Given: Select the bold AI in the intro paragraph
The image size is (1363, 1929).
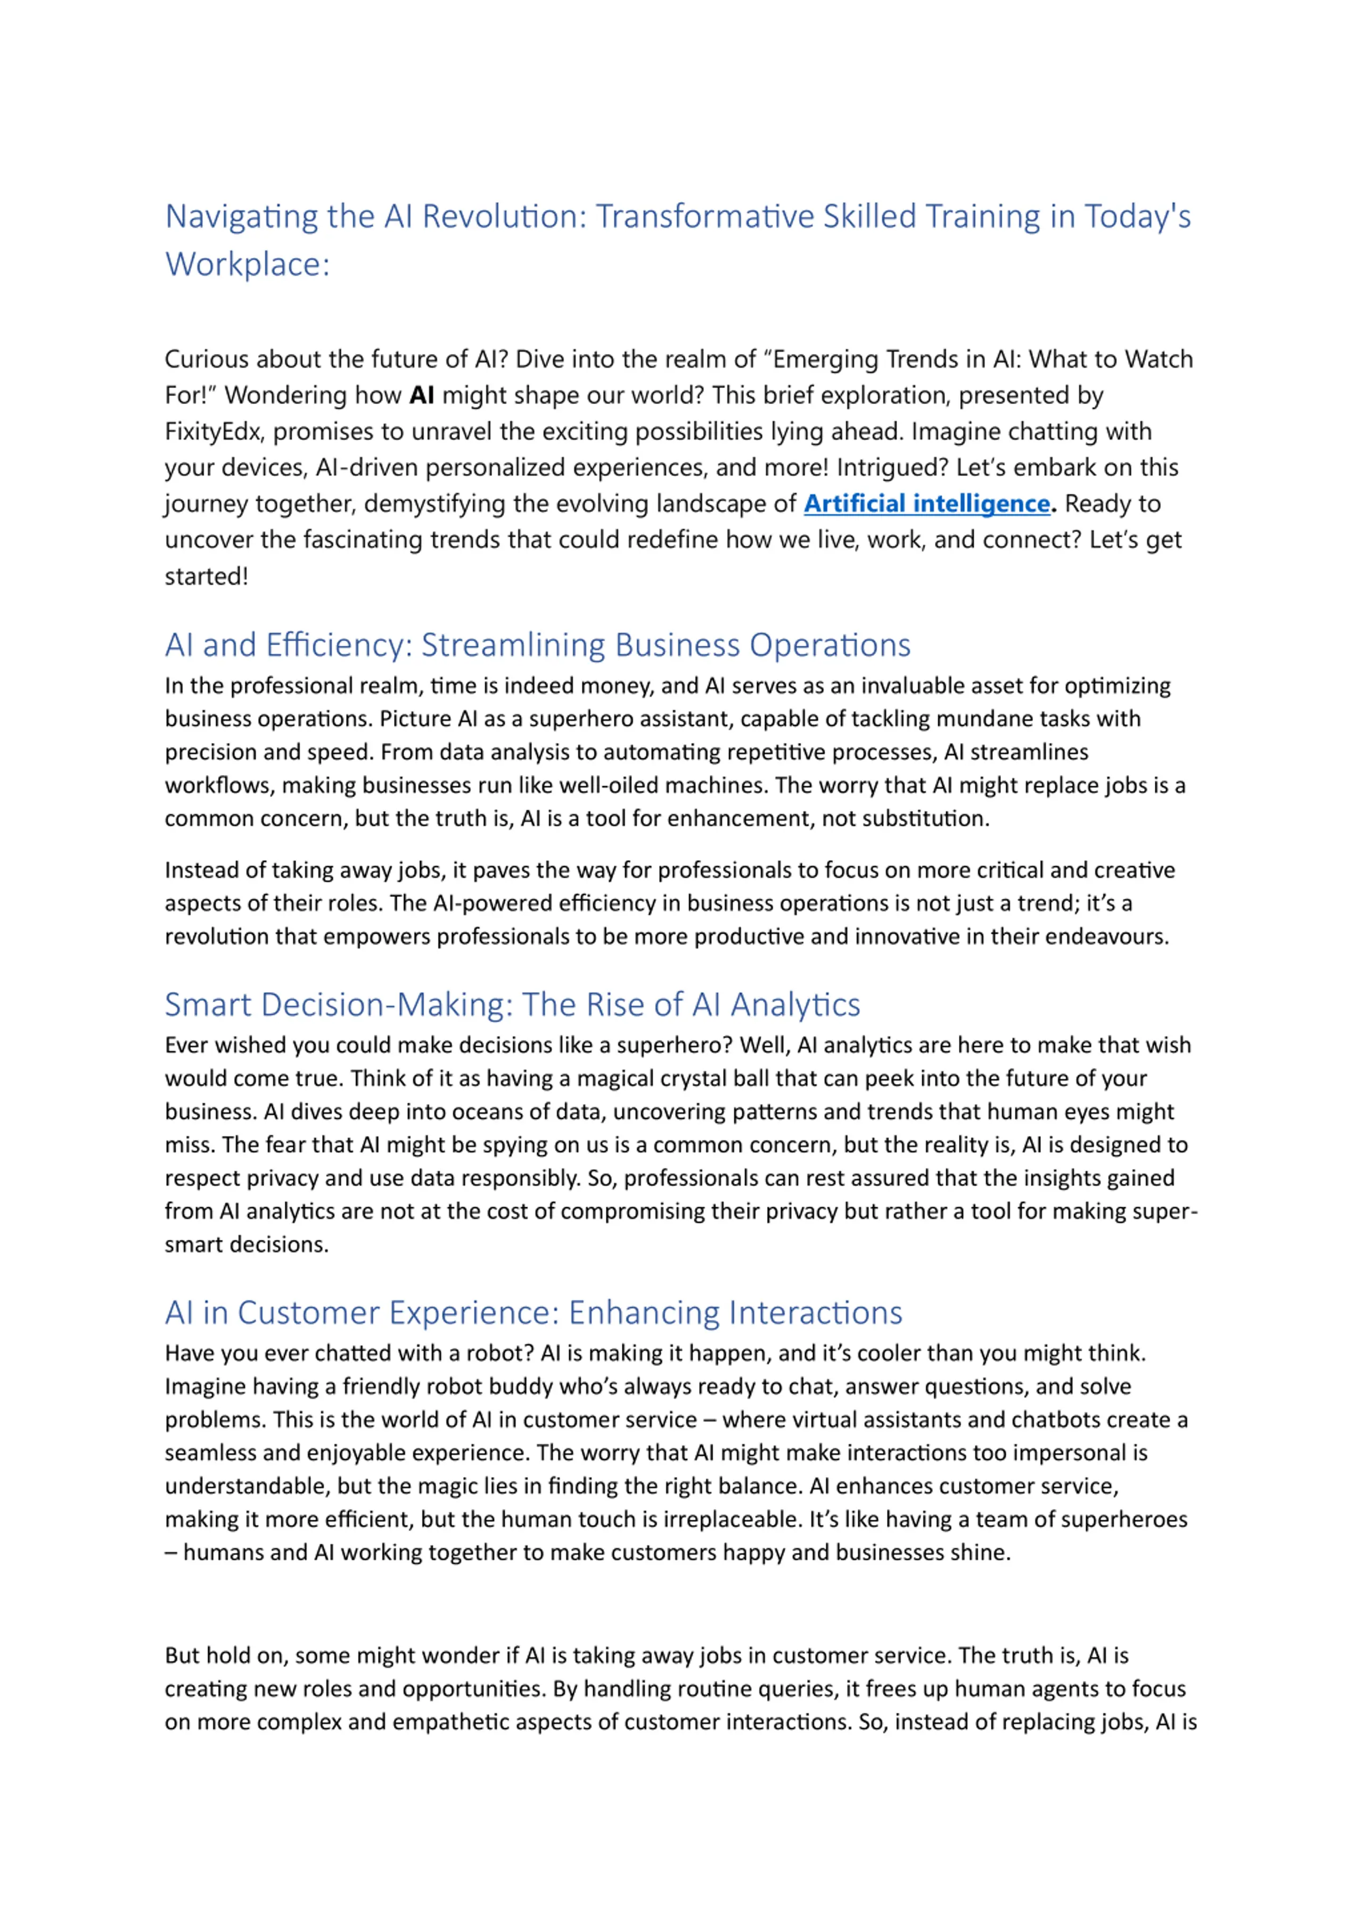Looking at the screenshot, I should (x=421, y=395).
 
